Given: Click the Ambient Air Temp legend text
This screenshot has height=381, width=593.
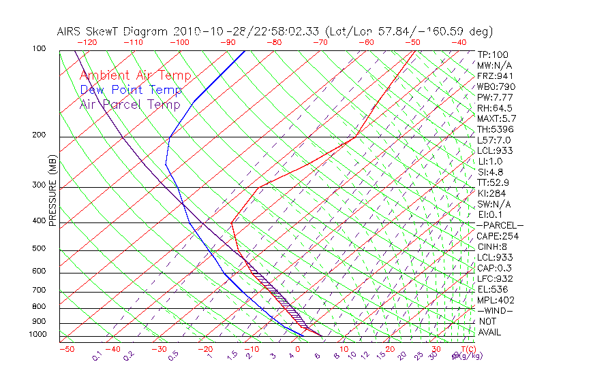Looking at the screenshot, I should pos(135,76).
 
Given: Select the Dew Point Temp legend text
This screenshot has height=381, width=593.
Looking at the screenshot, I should pos(130,90).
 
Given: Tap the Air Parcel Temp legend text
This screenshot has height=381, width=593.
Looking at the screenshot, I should pos(130,104).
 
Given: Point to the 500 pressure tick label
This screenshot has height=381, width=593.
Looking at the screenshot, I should pos(40,249).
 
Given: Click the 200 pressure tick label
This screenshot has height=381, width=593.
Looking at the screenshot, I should pos(40,135).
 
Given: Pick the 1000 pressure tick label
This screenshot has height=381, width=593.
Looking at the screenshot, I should pos(37,334).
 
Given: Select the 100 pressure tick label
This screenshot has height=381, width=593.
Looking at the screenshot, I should pos(40,48).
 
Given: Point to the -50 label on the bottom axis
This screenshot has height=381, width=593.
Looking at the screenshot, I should pos(66,349).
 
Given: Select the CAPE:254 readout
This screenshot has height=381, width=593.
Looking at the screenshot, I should pos(498,236).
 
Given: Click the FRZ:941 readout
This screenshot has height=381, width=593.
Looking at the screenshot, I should pos(495,76).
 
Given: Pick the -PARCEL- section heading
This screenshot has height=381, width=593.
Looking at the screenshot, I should pos(500,225).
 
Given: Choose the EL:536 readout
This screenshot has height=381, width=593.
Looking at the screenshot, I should pos(492,289).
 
